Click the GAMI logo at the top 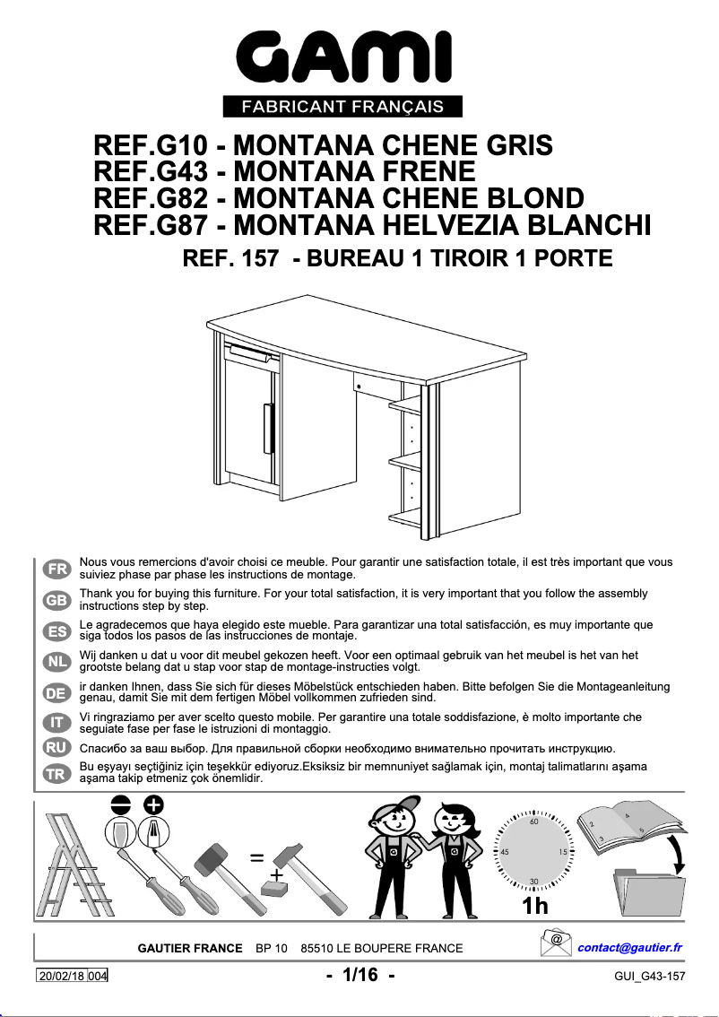pos(343,59)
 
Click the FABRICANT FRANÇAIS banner pos(343,107)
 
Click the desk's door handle pos(267,430)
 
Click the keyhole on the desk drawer pos(358,387)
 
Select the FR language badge pos(56,569)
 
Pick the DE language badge pos(56,691)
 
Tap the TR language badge pos(56,774)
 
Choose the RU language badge pos(56,746)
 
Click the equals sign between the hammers pos(257,857)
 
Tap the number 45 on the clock pos(505,851)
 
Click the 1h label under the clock pos(535,906)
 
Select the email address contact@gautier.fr pos(629,948)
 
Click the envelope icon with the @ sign pos(557,943)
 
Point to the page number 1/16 pos(359,975)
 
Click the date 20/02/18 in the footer pos(62,976)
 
